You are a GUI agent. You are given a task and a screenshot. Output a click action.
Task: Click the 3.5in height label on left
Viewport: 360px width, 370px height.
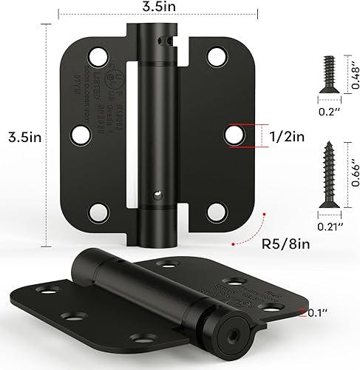pos(21,136)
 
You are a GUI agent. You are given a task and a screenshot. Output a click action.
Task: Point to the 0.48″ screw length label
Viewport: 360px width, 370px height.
pos(352,74)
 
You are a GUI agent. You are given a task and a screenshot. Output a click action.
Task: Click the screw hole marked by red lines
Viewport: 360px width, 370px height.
pos(234,135)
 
